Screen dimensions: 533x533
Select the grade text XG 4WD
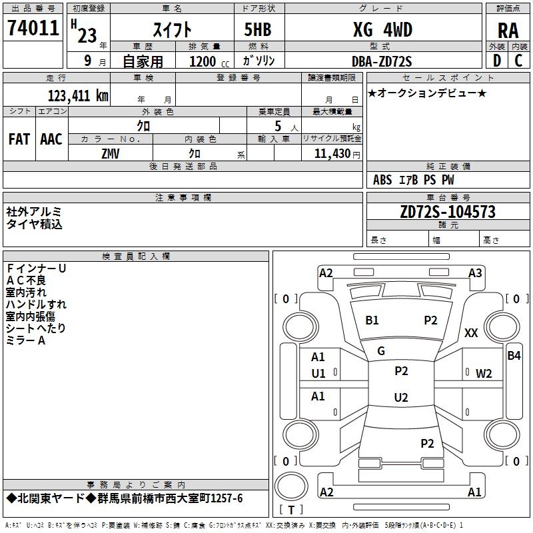point(382,30)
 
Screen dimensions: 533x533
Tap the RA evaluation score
point(508,31)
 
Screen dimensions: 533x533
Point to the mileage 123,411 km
point(78,95)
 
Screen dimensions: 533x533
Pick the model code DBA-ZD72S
point(382,61)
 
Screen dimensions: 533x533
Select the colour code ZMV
point(111,153)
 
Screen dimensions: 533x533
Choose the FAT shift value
point(19,139)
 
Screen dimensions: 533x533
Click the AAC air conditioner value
point(51,139)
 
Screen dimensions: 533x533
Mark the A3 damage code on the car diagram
point(475,272)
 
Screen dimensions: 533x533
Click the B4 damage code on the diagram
point(514,355)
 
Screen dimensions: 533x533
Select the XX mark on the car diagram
point(471,333)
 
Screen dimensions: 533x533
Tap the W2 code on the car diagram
point(484,373)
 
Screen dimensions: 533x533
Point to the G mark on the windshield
point(381,350)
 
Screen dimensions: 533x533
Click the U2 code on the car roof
point(400,398)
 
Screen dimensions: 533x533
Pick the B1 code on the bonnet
point(372,320)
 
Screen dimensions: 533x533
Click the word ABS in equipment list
point(382,180)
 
